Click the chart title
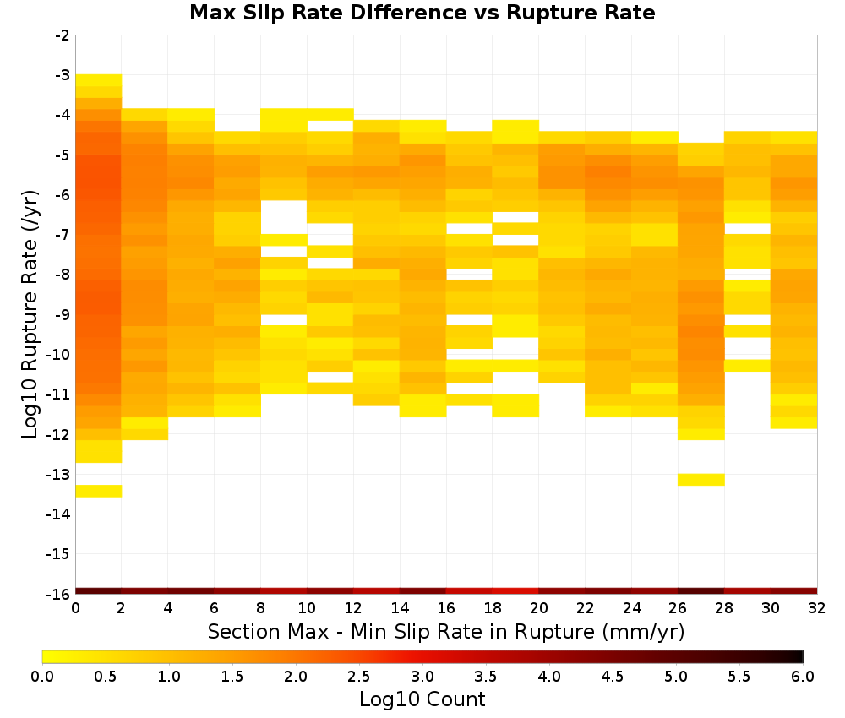tap(422, 13)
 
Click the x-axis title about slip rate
tap(445, 631)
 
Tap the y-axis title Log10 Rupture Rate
tap(30, 314)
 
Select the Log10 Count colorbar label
tap(422, 699)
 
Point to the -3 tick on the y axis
tap(63, 75)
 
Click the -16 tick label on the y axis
tap(59, 594)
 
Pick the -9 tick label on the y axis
tap(63, 314)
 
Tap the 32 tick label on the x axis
tap(817, 608)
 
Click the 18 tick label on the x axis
tap(493, 608)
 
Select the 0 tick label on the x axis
tap(75, 608)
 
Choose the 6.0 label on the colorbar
tap(803, 677)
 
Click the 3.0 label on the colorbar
tap(422, 677)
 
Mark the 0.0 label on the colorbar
tap(42, 677)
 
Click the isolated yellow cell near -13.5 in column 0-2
tap(99, 491)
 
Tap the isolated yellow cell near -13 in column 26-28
tap(701, 480)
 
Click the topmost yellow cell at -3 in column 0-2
tap(99, 80)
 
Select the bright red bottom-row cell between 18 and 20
tap(515, 591)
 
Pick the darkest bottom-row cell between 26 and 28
tap(701, 591)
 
